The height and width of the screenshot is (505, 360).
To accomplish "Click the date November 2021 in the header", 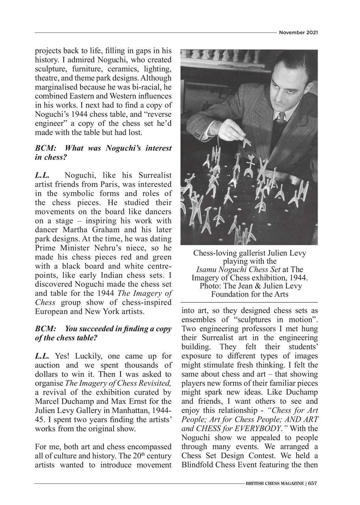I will tap(298, 32).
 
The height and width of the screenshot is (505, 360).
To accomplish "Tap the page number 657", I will tap(312, 483).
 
